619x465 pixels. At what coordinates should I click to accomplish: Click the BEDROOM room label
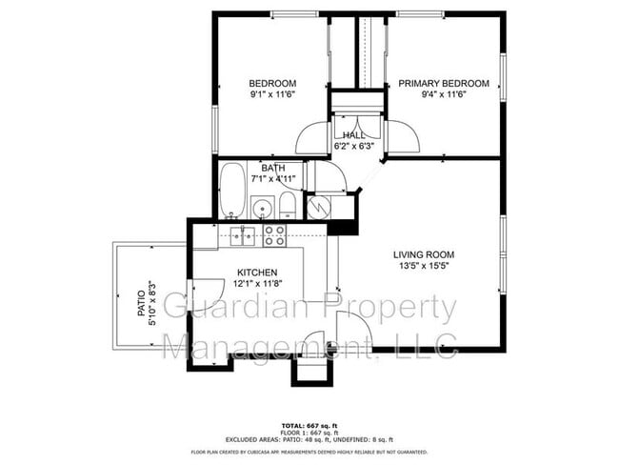[272, 83]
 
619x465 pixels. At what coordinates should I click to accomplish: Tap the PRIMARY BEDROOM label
[443, 84]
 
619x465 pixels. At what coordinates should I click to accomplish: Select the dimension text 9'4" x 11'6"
[443, 95]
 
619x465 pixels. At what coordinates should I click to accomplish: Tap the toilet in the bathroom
[288, 205]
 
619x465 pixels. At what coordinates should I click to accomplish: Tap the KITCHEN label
[257, 272]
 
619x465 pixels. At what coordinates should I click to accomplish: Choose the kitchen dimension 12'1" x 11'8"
[257, 283]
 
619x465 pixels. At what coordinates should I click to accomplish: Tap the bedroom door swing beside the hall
[311, 139]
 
